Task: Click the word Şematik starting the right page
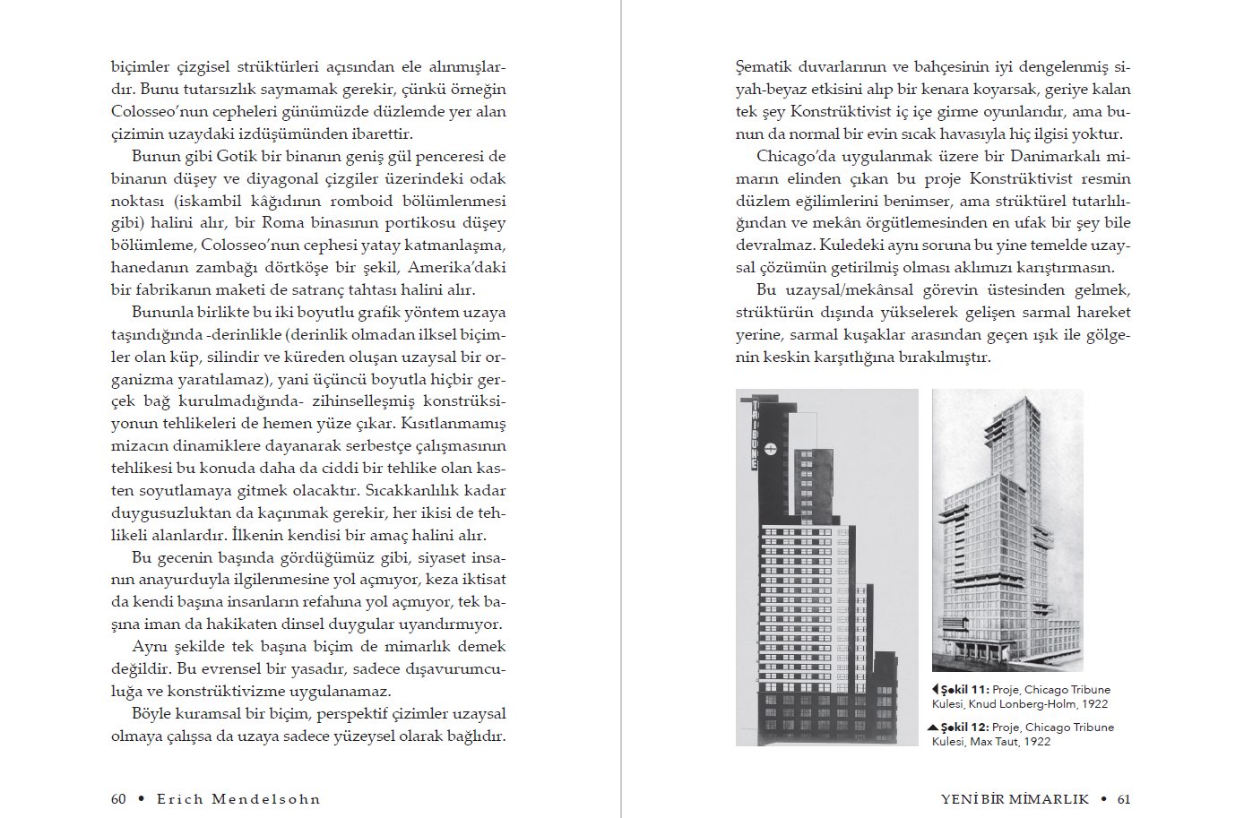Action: click(x=764, y=66)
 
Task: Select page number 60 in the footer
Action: click(x=118, y=799)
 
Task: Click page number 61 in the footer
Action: click(x=1124, y=799)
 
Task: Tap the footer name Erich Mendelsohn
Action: click(x=238, y=799)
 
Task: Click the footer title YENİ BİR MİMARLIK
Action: click(x=1015, y=799)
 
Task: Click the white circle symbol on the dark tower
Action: click(x=771, y=448)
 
